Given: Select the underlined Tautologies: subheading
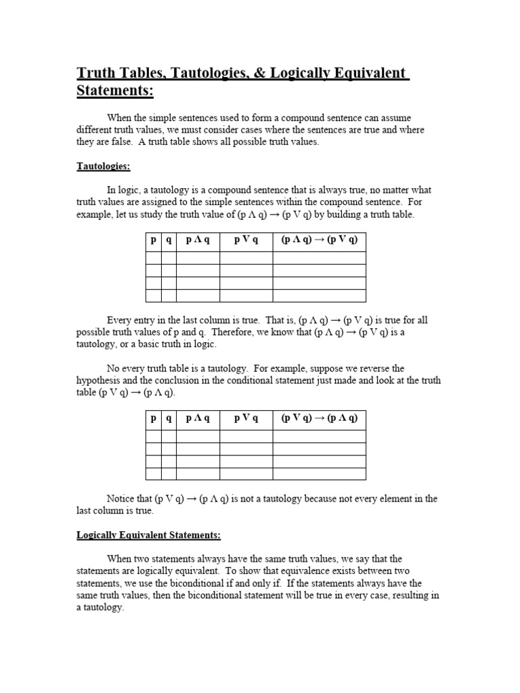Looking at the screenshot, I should (103, 166).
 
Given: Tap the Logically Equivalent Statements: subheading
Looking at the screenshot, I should (148, 535).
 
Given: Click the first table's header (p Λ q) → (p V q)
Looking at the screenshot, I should (319, 240).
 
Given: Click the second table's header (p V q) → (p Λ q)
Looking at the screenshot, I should (319, 418).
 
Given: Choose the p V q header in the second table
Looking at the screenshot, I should (246, 418).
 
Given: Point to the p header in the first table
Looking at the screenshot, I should (153, 240).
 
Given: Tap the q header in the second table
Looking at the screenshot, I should (169, 418).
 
